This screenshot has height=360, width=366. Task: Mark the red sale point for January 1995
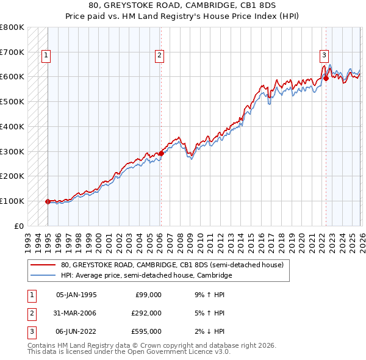[48, 201]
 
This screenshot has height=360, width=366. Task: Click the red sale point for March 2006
[161, 153]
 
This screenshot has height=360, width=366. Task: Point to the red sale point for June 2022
[326, 78]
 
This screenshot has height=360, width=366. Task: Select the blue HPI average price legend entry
[146, 276]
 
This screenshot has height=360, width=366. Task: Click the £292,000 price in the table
[146, 313]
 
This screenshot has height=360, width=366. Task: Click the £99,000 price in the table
[148, 295]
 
